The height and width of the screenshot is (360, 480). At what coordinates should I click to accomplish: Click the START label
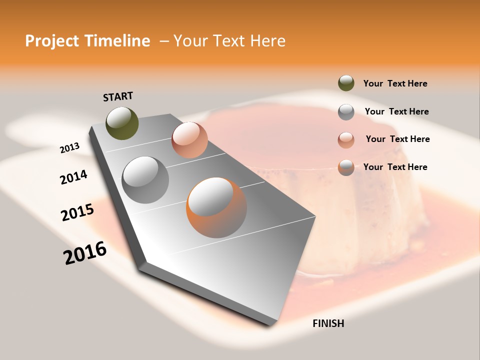[118, 96]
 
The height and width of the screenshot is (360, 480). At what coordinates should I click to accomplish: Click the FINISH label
[328, 323]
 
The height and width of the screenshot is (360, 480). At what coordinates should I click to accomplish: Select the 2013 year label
[70, 148]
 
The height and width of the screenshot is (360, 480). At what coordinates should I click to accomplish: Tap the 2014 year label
[73, 177]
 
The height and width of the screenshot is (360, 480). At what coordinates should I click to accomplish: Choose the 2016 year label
[85, 252]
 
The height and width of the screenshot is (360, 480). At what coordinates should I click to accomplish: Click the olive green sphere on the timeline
[122, 123]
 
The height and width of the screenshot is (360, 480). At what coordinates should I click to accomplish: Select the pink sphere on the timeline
[189, 140]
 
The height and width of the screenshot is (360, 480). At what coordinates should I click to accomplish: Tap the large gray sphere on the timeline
[145, 180]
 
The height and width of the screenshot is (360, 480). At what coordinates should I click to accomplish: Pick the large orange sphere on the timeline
[216, 207]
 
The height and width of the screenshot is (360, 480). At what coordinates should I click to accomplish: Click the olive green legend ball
[346, 83]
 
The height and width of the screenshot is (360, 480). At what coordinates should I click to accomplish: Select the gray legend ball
[346, 112]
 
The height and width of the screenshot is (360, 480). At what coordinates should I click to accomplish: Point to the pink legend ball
[346, 140]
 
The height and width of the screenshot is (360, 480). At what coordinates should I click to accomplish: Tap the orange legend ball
[346, 167]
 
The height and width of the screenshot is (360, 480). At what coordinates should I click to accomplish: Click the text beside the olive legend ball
[395, 83]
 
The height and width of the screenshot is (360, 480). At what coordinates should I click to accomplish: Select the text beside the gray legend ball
[396, 111]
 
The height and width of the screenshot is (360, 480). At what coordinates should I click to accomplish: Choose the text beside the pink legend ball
[397, 139]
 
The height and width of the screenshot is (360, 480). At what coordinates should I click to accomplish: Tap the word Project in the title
[51, 41]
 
